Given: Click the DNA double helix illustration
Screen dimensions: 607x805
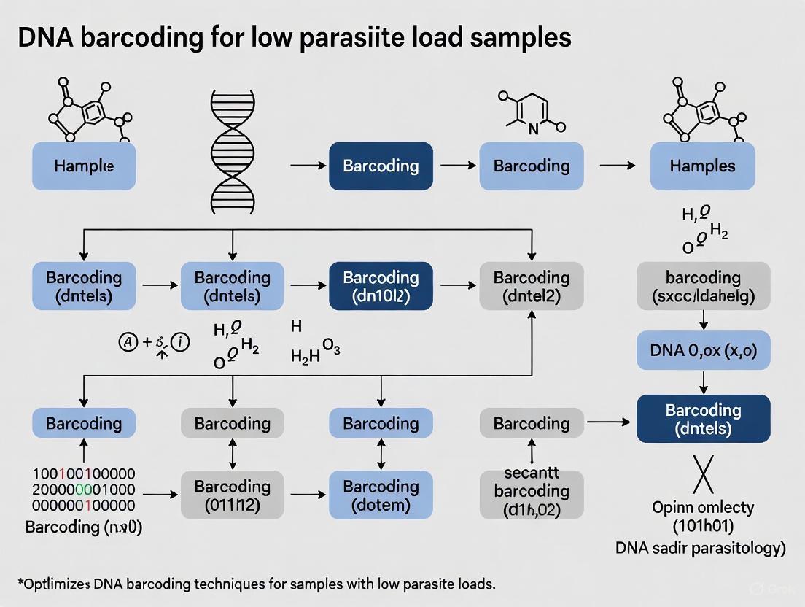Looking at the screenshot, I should pyautogui.click(x=232, y=152).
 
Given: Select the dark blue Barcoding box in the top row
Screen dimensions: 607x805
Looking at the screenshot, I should pyautogui.click(x=381, y=166).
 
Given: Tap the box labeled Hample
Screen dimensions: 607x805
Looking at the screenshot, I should pyautogui.click(x=84, y=166).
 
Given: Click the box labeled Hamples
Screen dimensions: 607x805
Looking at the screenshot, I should pyautogui.click(x=702, y=166).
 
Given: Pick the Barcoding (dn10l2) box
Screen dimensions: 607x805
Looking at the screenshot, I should pyautogui.click(x=381, y=287).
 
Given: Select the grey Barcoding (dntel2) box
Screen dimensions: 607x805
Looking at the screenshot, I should pyautogui.click(x=531, y=287).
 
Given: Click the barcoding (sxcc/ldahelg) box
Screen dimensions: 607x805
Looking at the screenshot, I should pyautogui.click(x=703, y=287).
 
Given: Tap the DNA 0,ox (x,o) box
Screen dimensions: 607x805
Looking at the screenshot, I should pyautogui.click(x=703, y=350).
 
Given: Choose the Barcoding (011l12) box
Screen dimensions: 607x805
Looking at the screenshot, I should pyautogui.click(x=232, y=495).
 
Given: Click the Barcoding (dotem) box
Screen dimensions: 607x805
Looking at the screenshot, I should pyautogui.click(x=381, y=495).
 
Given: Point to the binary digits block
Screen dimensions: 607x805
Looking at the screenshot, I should pyautogui.click(x=84, y=489).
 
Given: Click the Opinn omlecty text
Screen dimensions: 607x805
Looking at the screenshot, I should pyautogui.click(x=703, y=508).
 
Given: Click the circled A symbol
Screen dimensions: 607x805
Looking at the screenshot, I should pyautogui.click(x=128, y=342).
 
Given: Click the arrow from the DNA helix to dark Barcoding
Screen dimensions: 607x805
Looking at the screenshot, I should pyautogui.click(x=308, y=166).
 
